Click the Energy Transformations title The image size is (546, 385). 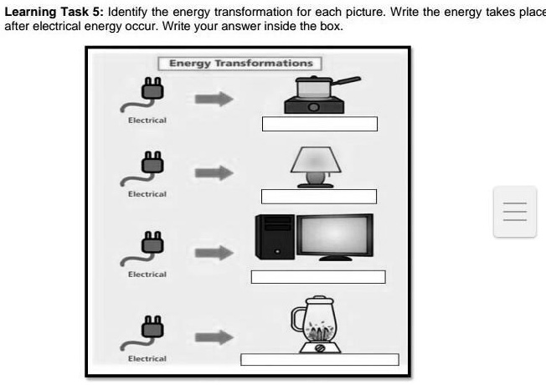241,64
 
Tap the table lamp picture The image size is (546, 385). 317,164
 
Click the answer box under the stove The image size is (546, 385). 320,124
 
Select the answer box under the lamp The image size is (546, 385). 318,197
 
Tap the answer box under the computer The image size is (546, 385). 317,277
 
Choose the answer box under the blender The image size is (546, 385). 319,360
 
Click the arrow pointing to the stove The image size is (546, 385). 213,98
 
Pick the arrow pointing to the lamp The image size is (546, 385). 213,174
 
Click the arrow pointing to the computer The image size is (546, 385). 213,253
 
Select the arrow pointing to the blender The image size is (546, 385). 213,336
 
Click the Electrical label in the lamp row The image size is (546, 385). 147,194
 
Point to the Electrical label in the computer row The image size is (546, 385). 147,275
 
